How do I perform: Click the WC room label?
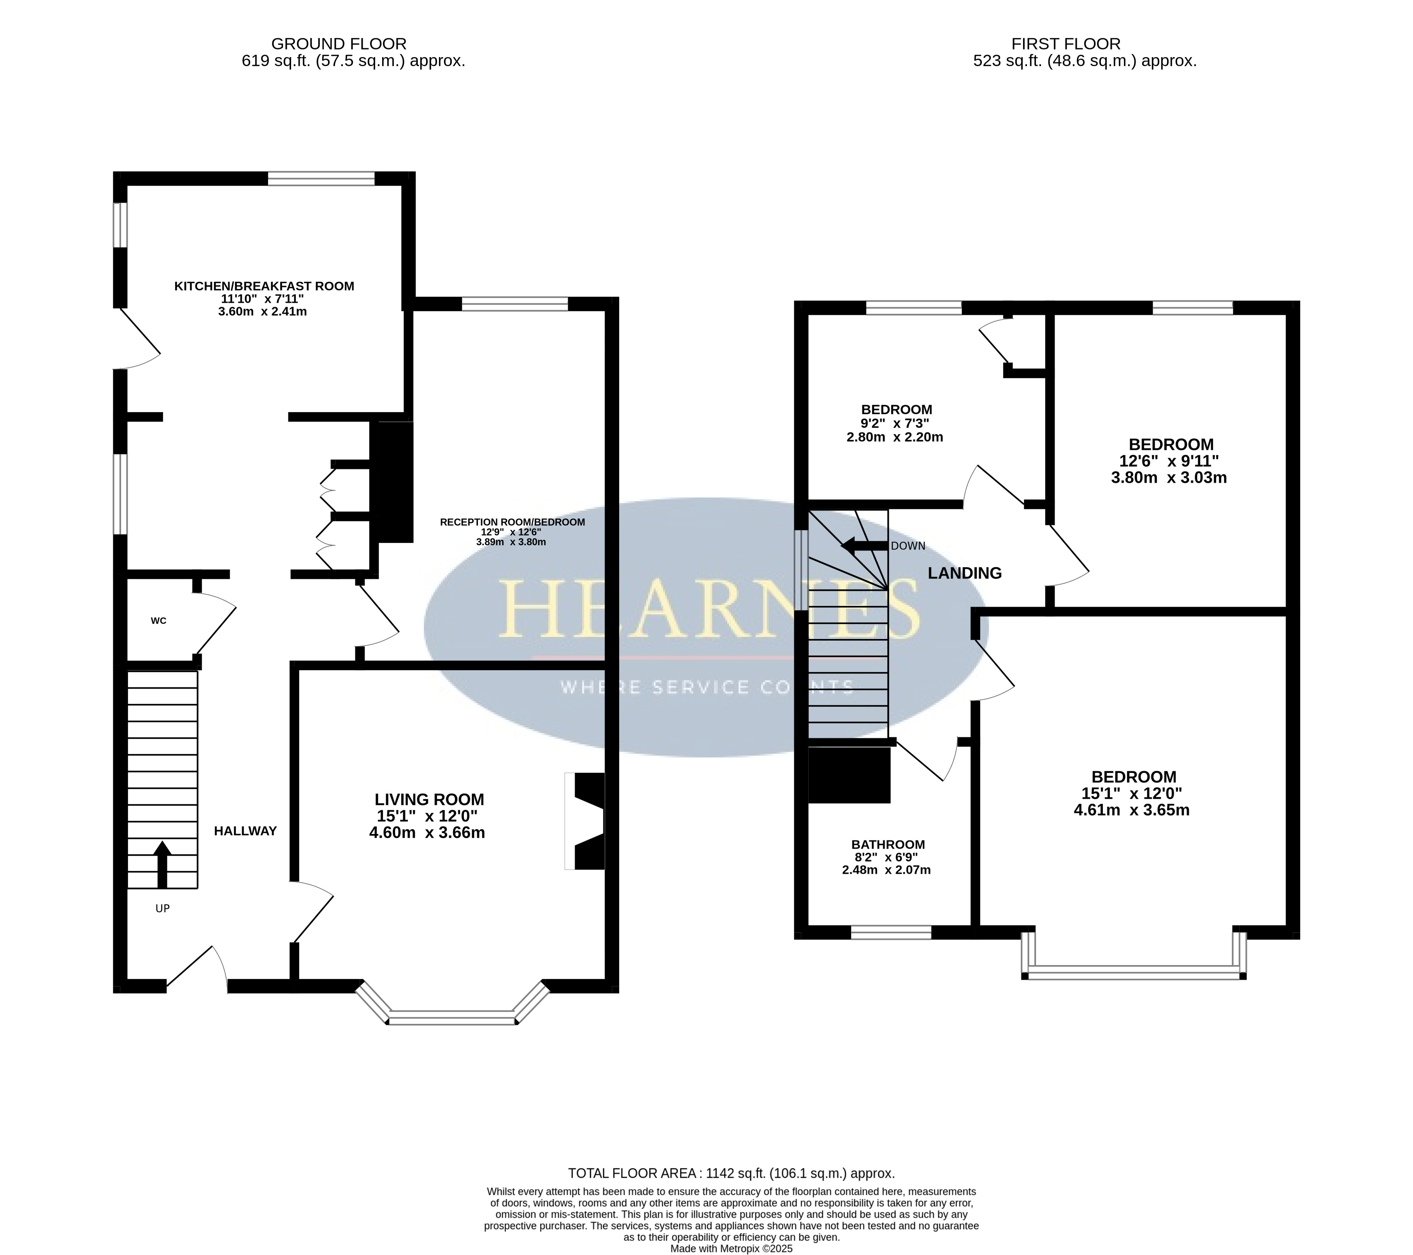[x=158, y=621]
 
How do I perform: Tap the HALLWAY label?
[x=246, y=831]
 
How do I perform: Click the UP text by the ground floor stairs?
[x=162, y=909]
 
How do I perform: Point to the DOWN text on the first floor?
[x=907, y=546]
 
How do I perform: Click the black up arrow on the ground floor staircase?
[x=162, y=864]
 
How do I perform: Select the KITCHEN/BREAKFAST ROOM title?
[x=264, y=286]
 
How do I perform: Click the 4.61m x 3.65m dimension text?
[x=1132, y=810]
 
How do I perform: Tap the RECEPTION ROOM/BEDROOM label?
[x=512, y=522]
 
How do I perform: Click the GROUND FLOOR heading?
[x=339, y=44]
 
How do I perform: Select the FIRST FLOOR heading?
[x=1066, y=44]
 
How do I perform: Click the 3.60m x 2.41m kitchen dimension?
[x=263, y=311]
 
